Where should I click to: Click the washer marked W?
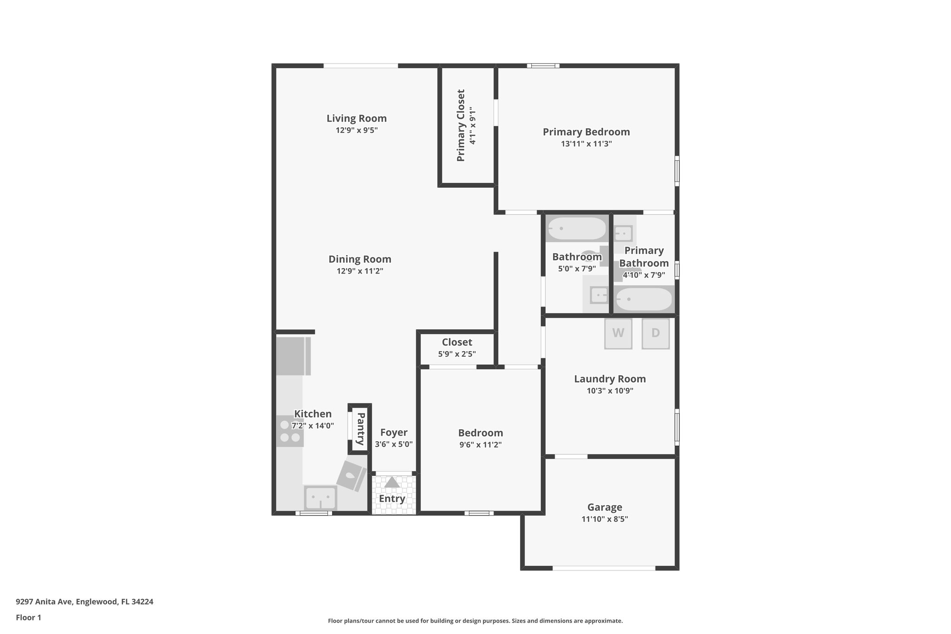(618, 333)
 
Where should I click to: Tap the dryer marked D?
(656, 333)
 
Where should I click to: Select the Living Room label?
(357, 118)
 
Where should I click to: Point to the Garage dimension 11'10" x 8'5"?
(605, 519)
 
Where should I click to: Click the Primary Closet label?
(461, 125)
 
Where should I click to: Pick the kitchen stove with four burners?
(290, 431)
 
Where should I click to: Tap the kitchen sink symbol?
(320, 498)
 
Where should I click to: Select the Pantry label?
(360, 429)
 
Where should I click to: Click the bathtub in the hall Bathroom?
(577, 229)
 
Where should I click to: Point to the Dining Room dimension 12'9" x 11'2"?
(360, 271)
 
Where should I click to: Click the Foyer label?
(394, 433)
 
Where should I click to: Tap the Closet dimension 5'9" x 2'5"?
(457, 354)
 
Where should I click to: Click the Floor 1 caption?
(28, 618)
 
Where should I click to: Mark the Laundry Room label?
(610, 379)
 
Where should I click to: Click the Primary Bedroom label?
(586, 132)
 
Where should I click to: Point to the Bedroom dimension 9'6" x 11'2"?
(481, 445)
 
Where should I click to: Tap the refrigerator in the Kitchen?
(293, 356)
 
